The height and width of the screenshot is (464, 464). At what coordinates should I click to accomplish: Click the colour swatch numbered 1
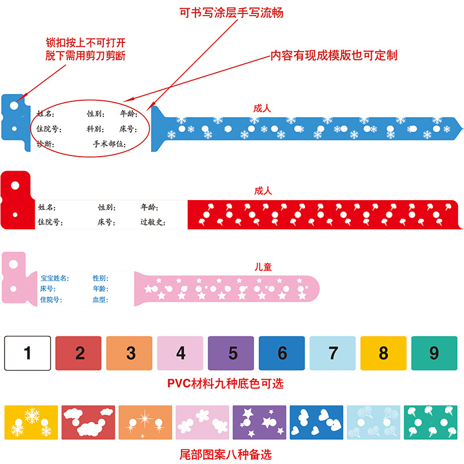(27, 353)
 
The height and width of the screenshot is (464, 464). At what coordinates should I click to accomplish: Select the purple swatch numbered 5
(233, 353)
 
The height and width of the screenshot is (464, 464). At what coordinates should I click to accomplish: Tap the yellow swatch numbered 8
(383, 353)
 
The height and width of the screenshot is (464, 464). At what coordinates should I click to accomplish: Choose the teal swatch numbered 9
(434, 353)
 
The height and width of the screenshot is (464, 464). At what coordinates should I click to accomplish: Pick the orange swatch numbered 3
(131, 353)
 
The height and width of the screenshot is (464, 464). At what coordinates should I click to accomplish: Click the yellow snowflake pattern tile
(31, 423)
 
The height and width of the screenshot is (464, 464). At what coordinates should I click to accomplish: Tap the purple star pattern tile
(259, 423)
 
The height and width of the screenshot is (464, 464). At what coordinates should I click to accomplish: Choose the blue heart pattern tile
(316, 423)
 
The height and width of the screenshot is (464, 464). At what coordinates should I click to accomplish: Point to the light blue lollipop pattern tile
(373, 423)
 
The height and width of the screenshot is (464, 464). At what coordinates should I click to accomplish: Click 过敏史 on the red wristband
(153, 222)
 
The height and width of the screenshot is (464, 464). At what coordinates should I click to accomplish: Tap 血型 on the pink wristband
(100, 300)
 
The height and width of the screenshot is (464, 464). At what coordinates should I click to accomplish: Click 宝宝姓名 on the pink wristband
(55, 278)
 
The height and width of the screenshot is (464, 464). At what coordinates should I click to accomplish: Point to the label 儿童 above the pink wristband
(263, 267)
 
